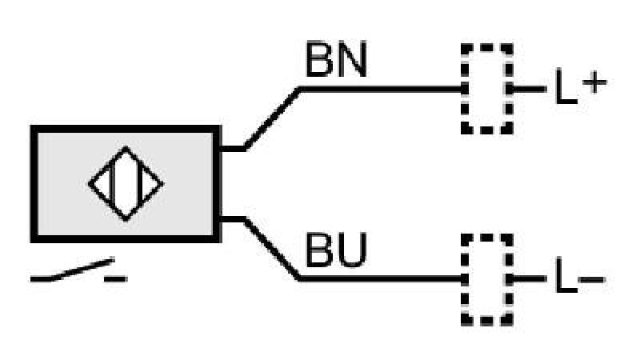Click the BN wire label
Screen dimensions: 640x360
[x=336, y=59]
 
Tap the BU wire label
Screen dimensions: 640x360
[x=336, y=250]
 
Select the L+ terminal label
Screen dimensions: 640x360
[x=581, y=86]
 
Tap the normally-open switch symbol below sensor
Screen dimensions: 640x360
[x=78, y=270]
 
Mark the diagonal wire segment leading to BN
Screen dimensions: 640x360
[x=272, y=118]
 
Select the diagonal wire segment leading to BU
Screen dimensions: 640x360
[x=272, y=250]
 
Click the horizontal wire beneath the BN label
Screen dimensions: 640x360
[x=382, y=89]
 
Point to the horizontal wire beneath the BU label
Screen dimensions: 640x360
[x=382, y=278]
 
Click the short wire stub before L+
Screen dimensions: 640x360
[x=529, y=89]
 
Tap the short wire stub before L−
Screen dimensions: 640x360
[x=529, y=278]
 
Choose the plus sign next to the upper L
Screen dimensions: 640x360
[x=594, y=83]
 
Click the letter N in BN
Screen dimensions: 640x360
[x=352, y=59]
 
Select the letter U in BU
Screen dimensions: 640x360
[x=352, y=250]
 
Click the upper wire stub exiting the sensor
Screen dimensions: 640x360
[x=233, y=148]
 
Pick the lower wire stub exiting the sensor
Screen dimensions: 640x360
[x=233, y=219]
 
